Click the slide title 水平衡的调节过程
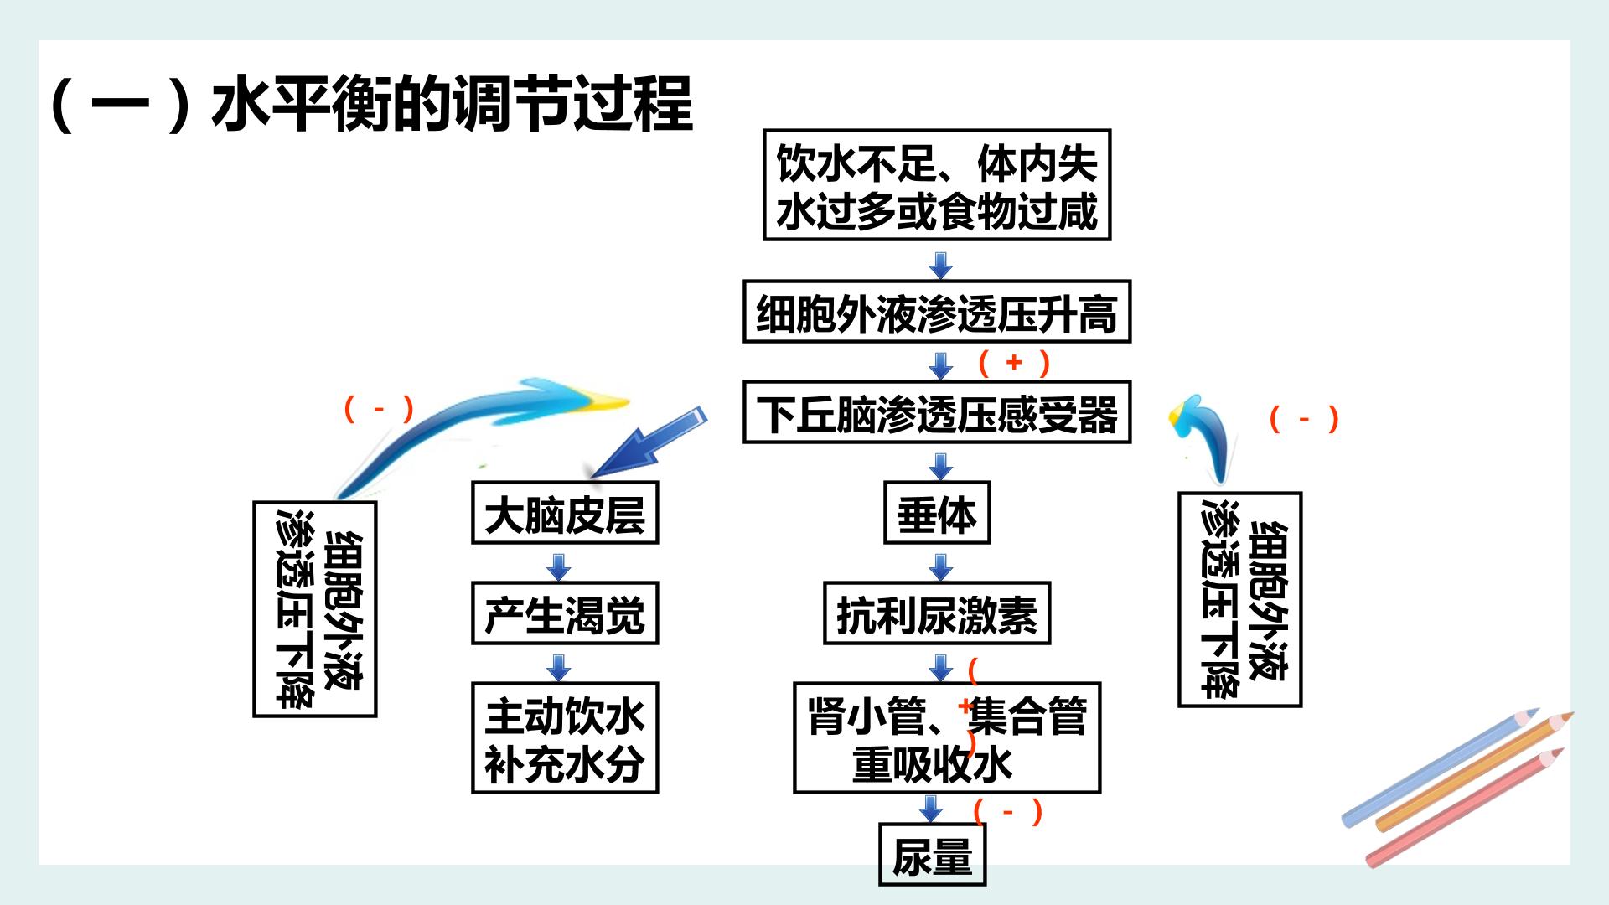coord(453,105)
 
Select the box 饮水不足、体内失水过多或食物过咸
coord(937,185)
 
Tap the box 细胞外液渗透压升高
coord(937,312)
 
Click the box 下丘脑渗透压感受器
coord(937,412)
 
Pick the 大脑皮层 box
coord(565,513)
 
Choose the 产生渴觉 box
coord(565,613)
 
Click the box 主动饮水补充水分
coord(565,738)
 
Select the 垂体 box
coord(937,513)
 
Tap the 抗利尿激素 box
coord(937,613)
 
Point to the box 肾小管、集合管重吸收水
coord(947,738)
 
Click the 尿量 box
coord(932,855)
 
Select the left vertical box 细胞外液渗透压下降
coord(315,609)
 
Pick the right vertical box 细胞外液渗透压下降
coord(1240,600)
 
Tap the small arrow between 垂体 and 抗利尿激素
coord(941,566)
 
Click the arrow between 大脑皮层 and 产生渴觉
coord(559,566)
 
